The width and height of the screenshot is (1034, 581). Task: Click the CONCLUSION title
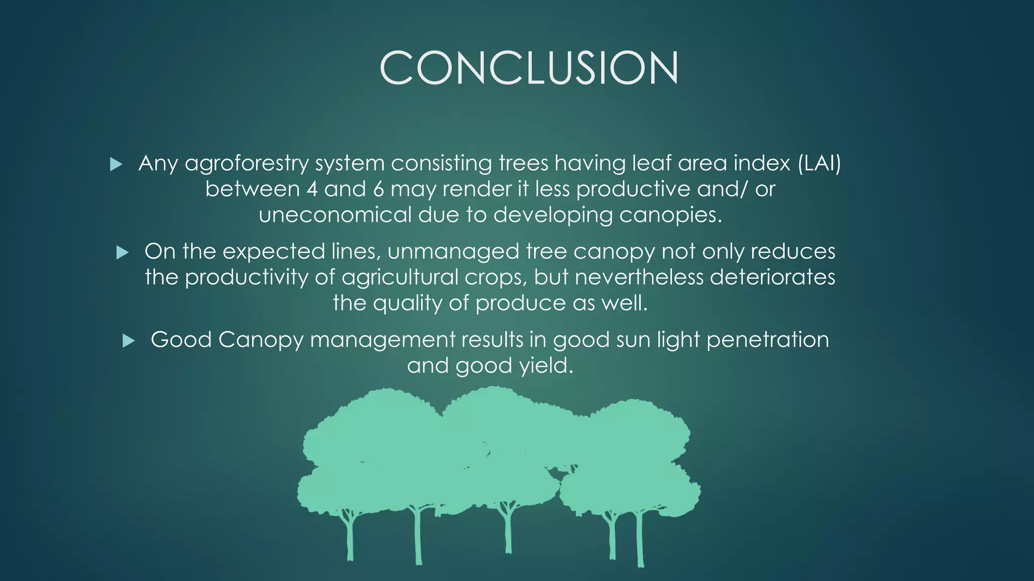click(529, 68)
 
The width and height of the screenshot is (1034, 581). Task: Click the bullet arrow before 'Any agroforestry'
click(116, 164)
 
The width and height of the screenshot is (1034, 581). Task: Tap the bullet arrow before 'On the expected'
click(122, 252)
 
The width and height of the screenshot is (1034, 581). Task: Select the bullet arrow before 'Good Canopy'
click(129, 341)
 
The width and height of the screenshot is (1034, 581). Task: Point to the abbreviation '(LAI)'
click(819, 163)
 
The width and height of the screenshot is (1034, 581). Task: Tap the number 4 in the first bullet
click(312, 190)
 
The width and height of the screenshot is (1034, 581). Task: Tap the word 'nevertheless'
click(639, 277)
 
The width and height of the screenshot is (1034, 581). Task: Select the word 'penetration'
click(767, 340)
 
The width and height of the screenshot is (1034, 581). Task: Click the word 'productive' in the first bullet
click(633, 190)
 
